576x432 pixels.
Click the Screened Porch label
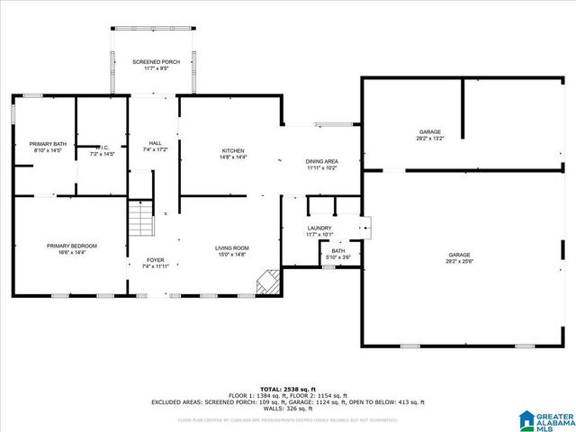coord(157,61)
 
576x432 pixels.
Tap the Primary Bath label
coord(48,144)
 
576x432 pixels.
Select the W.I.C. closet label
coord(102,146)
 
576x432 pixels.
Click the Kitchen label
coord(234,150)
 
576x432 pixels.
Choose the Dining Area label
coord(322,161)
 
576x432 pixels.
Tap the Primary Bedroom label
coord(72,246)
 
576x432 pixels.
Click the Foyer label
coord(155,260)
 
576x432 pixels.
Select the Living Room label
coord(231,247)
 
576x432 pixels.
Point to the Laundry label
coord(319,229)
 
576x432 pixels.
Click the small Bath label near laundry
coord(337,251)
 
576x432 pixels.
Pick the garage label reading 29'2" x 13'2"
coord(429,139)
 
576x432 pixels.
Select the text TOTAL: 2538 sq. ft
coord(287,388)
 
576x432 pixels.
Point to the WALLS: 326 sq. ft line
coord(287,409)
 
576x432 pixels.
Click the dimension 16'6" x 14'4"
coord(72,252)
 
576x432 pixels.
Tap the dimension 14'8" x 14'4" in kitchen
coord(234,157)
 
